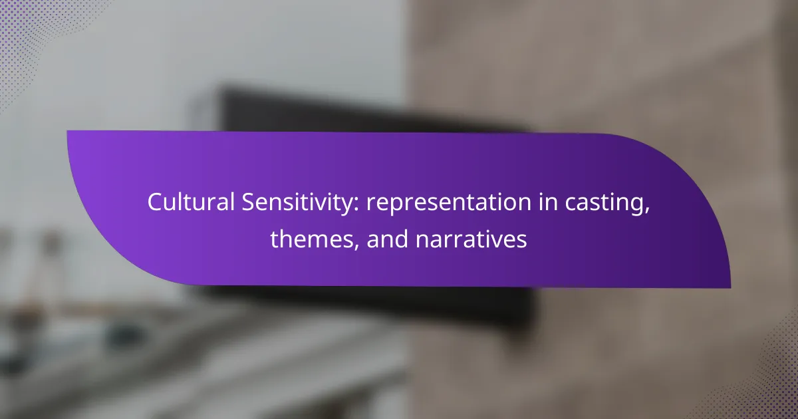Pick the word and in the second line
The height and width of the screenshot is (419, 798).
(x=387, y=239)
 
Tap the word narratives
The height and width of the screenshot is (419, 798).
(x=471, y=239)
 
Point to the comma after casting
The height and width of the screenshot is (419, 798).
(x=646, y=211)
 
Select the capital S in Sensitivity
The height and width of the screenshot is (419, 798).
(x=249, y=202)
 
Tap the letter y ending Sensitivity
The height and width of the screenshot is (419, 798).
(x=347, y=208)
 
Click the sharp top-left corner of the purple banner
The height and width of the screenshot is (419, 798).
(x=67, y=131)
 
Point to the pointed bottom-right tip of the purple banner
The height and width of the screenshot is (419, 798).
(x=730, y=288)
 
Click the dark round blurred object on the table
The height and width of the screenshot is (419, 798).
(x=125, y=337)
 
